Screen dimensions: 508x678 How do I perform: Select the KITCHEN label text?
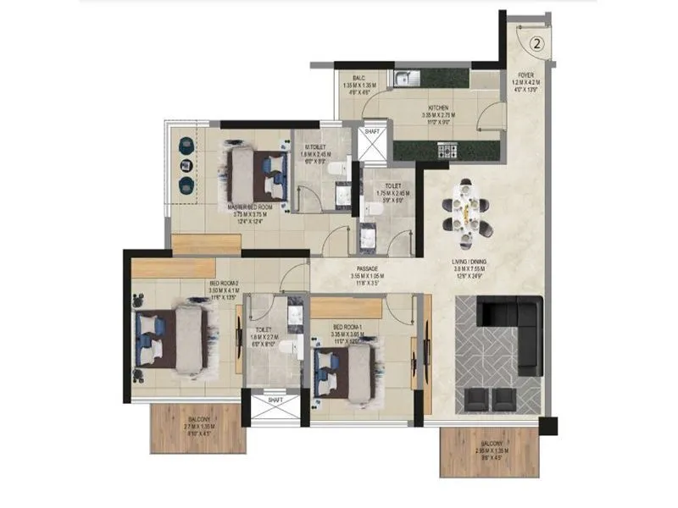tap(438, 108)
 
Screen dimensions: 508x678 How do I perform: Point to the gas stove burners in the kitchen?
tap(447, 152)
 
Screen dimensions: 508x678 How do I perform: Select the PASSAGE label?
tap(366, 268)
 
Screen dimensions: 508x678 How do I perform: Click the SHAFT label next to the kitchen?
tap(372, 132)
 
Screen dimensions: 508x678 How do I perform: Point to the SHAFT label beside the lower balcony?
tap(275, 400)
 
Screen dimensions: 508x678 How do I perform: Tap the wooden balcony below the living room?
tap(491, 451)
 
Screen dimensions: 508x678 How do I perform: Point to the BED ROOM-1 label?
tap(348, 327)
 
